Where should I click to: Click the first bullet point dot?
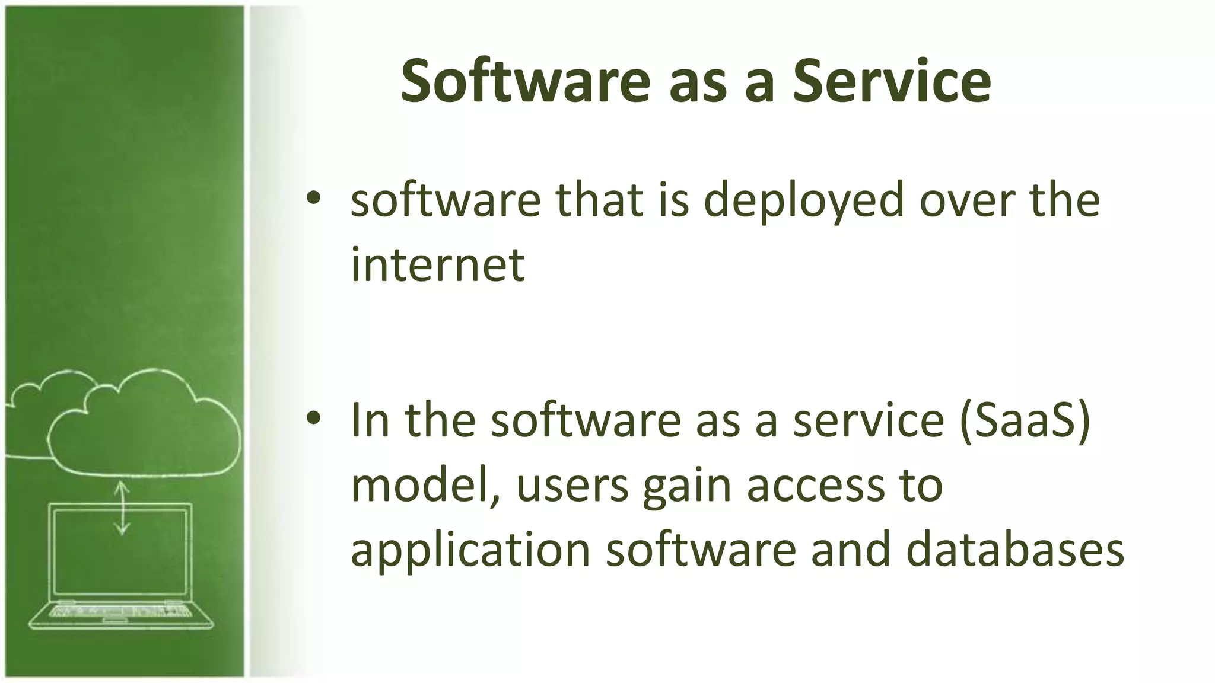click(x=314, y=198)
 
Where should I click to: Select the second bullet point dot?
click(x=314, y=418)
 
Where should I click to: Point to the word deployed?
click(x=804, y=202)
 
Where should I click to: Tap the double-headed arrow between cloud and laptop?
click(x=122, y=508)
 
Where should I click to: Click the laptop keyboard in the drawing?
click(x=122, y=611)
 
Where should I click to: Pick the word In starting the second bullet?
click(x=370, y=419)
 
